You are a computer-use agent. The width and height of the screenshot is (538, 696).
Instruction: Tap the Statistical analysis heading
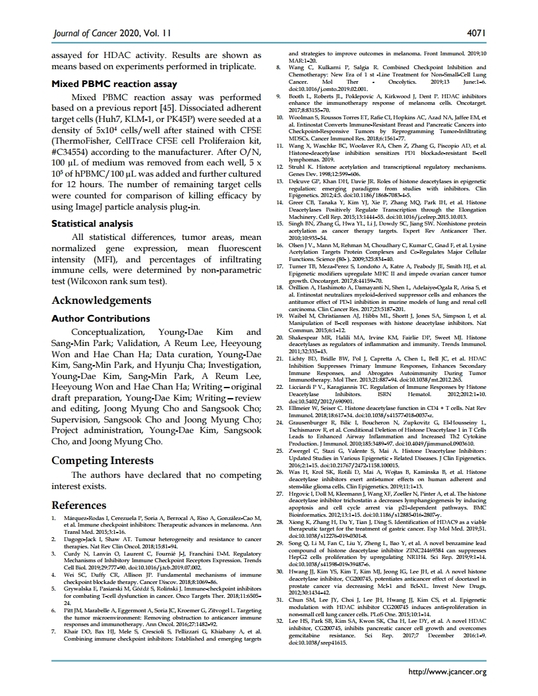coord(94,223)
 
